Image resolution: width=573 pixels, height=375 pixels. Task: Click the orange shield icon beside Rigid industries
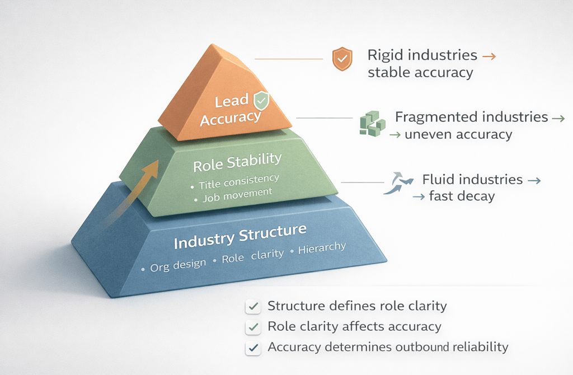point(342,59)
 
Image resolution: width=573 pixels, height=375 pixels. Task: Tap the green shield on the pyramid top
point(261,101)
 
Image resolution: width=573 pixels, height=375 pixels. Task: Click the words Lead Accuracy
point(231,110)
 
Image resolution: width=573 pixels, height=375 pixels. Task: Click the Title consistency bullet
point(238,181)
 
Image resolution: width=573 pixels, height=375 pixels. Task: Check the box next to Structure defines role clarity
point(253,307)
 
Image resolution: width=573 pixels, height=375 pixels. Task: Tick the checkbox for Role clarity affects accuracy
point(253,327)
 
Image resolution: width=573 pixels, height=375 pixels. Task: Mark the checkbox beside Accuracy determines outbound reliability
point(253,348)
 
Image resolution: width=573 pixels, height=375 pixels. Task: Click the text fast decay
point(462,196)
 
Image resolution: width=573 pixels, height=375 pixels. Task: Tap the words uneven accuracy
point(458,134)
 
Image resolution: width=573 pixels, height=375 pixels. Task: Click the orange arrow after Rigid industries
point(489,56)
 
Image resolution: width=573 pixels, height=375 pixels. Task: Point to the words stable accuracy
point(420,73)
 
